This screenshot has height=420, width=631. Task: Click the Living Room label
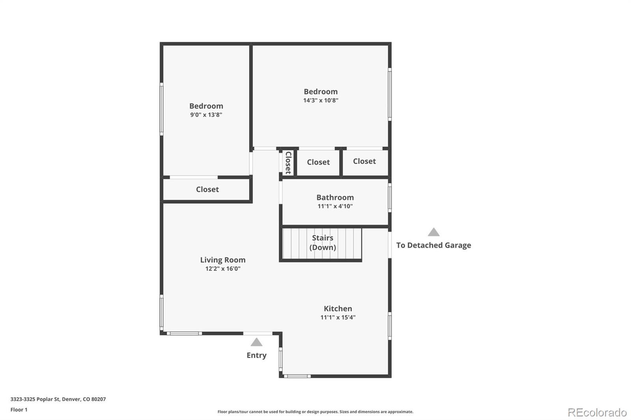coord(222,260)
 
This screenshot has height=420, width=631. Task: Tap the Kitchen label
coord(338,308)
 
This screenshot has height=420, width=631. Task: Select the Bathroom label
coord(335,197)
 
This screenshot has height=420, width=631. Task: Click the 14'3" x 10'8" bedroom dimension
coord(320,100)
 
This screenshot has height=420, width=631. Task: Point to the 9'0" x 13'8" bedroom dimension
coord(206,115)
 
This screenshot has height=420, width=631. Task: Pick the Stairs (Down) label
coord(323,243)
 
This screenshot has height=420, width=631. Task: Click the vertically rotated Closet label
coord(288,162)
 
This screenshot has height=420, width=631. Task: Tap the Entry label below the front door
coord(256,355)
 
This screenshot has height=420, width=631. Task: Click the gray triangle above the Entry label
coord(256,342)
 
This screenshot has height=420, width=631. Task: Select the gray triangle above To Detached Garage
coord(433,232)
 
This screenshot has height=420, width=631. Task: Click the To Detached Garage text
coord(433,245)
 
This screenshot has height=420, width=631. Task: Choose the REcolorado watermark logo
coord(597,412)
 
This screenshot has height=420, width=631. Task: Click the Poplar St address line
coord(58,399)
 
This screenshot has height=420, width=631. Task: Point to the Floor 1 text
coord(19,410)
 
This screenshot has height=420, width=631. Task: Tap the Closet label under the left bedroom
coord(207,189)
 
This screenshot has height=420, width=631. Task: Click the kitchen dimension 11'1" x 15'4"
coord(338,317)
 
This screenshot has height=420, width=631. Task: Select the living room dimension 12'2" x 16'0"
coord(222,269)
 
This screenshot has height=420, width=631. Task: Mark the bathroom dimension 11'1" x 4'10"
coord(335,206)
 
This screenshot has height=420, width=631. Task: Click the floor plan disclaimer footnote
coord(315,412)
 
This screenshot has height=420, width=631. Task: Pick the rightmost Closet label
coord(364,161)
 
